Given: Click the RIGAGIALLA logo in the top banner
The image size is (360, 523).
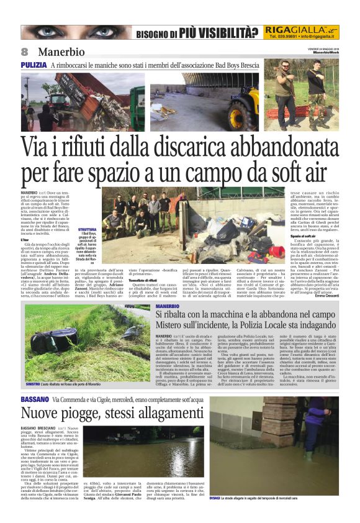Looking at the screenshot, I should [x=300, y=29].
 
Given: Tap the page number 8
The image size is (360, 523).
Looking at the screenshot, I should [x=25, y=51].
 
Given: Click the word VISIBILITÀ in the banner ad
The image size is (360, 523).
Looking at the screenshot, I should [x=220, y=32].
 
